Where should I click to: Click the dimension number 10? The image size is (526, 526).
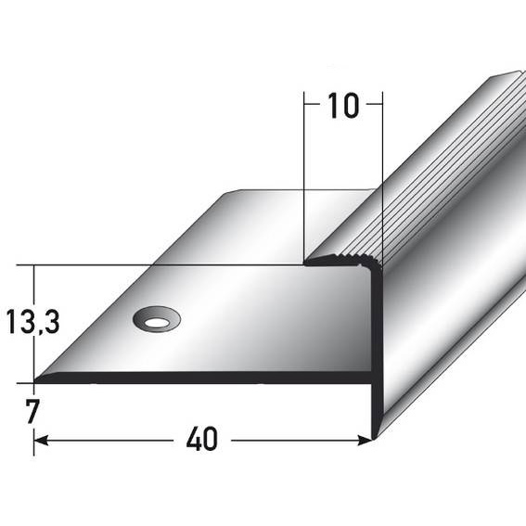pos(342,107)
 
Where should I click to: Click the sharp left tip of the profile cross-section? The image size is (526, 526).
pos(37,379)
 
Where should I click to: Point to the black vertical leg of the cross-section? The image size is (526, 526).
pos(377,353)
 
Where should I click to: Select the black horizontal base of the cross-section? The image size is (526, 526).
pos(204,378)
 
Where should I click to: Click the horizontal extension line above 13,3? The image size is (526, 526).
pos(139,265)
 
